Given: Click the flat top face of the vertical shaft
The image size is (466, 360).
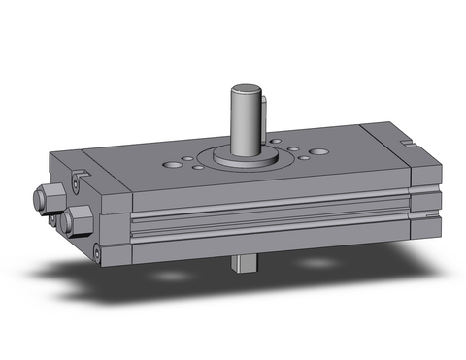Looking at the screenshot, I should (248, 92).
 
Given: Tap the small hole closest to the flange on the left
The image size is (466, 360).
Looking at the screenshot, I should (198, 167).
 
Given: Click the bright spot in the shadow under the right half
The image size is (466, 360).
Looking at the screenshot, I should (320, 263).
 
